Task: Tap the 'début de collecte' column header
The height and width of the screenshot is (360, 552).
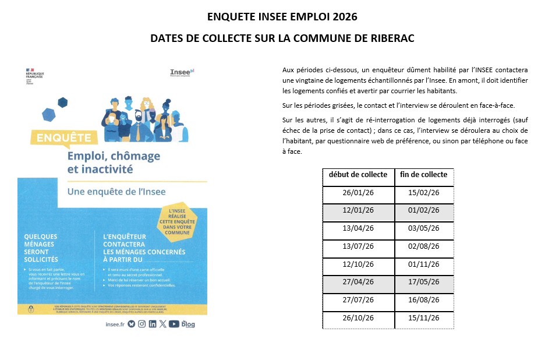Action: tap(358, 175)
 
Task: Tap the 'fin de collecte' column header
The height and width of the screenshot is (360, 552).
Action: tap(424, 175)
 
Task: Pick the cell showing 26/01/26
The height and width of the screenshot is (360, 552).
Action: tap(358, 193)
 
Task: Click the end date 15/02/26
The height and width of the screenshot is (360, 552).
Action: tap(424, 193)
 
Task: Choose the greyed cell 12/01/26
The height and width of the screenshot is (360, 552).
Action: tap(358, 211)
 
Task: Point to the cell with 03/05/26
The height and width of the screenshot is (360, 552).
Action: tap(424, 229)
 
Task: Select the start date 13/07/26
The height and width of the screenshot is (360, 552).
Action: tap(358, 247)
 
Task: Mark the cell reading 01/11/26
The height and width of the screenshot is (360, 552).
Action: tap(424, 265)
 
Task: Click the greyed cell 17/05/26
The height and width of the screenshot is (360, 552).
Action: tap(424, 283)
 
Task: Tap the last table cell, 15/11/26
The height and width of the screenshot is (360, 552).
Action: tap(424, 319)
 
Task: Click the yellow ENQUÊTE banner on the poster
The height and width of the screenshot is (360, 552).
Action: tap(65, 139)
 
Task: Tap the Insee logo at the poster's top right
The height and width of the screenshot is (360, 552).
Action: tap(182, 73)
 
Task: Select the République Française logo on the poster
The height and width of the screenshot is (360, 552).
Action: tap(35, 76)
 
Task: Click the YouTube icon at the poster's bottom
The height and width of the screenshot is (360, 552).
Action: tap(174, 323)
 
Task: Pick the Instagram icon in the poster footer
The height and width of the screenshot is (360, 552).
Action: tap(141, 323)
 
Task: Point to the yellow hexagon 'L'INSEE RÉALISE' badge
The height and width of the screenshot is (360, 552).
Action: tap(178, 222)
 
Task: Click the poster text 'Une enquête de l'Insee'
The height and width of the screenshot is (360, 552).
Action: tap(116, 192)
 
